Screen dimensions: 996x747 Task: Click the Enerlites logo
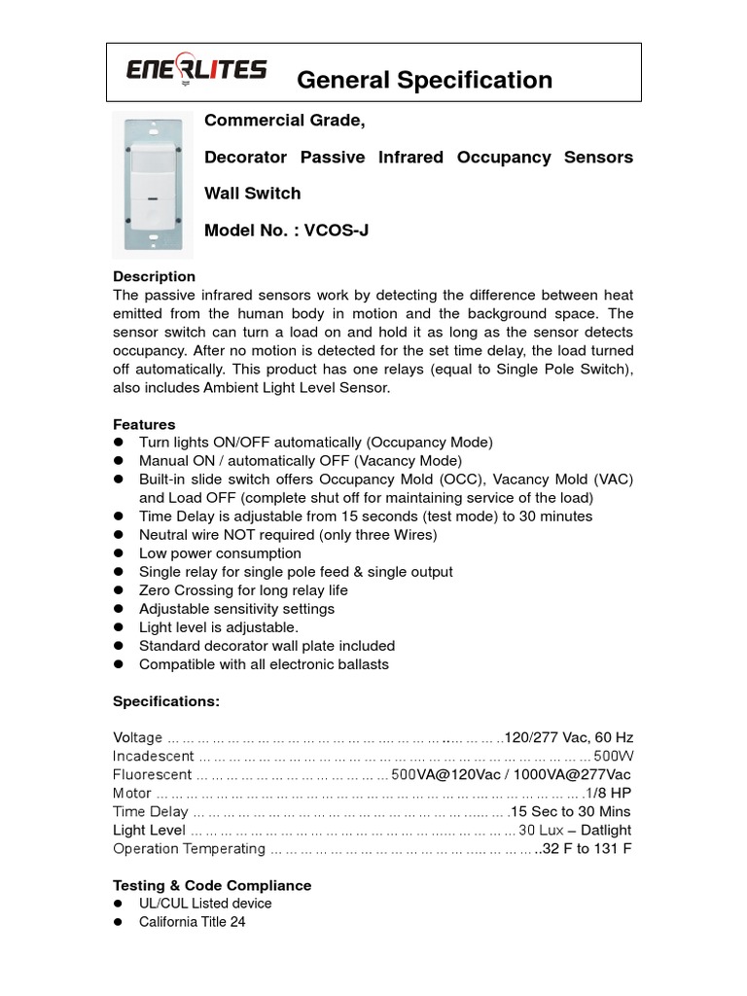pos(196,70)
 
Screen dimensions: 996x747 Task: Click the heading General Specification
pos(424,80)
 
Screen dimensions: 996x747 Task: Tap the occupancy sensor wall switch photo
pos(152,184)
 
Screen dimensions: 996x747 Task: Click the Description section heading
pos(154,276)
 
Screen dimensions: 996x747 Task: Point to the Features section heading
pos(144,424)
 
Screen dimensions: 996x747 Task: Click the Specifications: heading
pos(166,701)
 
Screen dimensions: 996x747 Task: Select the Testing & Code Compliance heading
pos(212,885)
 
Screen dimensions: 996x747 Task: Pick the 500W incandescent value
pos(613,756)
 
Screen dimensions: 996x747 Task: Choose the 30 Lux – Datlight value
pos(575,830)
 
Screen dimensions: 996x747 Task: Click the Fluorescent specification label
pos(152,774)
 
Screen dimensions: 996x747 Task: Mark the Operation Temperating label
pos(189,848)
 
